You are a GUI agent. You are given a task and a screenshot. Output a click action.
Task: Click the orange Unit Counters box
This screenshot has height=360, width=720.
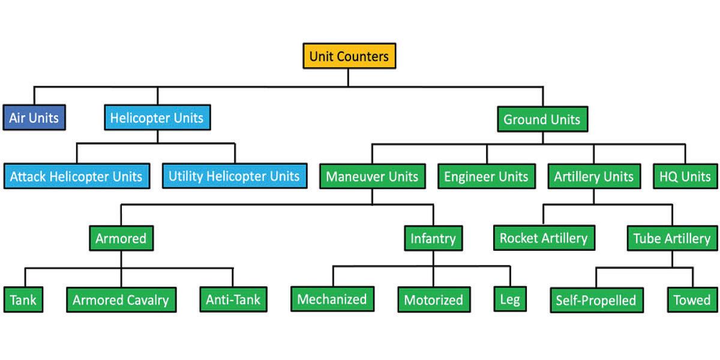tap(349, 57)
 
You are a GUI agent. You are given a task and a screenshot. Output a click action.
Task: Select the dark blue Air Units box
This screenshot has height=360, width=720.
tap(34, 118)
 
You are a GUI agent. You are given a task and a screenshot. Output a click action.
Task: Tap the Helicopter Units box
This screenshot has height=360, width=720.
tap(157, 118)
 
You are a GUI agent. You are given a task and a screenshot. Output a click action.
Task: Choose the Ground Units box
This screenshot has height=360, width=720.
tap(542, 119)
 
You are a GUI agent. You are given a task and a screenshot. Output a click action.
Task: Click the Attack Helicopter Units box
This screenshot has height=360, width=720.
tap(76, 176)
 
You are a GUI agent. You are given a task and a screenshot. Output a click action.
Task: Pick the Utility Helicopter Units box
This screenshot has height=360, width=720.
tap(234, 176)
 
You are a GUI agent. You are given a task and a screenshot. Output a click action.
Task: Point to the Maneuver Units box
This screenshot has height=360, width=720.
tap(372, 176)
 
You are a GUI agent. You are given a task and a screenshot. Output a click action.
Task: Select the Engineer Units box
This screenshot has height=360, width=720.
tap(486, 176)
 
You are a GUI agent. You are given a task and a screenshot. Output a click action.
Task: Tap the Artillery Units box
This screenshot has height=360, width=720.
tap(593, 176)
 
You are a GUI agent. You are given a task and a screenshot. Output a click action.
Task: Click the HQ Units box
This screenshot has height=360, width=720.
tap(685, 176)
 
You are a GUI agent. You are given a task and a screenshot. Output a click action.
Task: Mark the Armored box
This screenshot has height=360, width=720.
tap(121, 238)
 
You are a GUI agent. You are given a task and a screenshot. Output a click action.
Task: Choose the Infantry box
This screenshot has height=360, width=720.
tap(433, 238)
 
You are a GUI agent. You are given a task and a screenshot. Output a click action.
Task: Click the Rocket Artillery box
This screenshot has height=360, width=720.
tap(544, 238)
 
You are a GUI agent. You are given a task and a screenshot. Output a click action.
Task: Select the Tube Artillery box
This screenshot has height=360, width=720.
tap(672, 238)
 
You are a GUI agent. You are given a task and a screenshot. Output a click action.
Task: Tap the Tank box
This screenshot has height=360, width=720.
tap(24, 299)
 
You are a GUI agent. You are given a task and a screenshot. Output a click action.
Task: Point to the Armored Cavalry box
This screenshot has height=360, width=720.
tap(121, 299)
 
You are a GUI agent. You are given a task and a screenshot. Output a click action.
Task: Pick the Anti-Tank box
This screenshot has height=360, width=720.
tap(233, 299)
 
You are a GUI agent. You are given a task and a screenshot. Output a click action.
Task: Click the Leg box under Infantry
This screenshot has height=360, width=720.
tap(509, 299)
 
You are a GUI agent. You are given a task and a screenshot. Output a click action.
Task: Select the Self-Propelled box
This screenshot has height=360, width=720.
tap(596, 300)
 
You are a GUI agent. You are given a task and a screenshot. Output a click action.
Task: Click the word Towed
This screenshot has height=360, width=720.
tap(691, 299)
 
